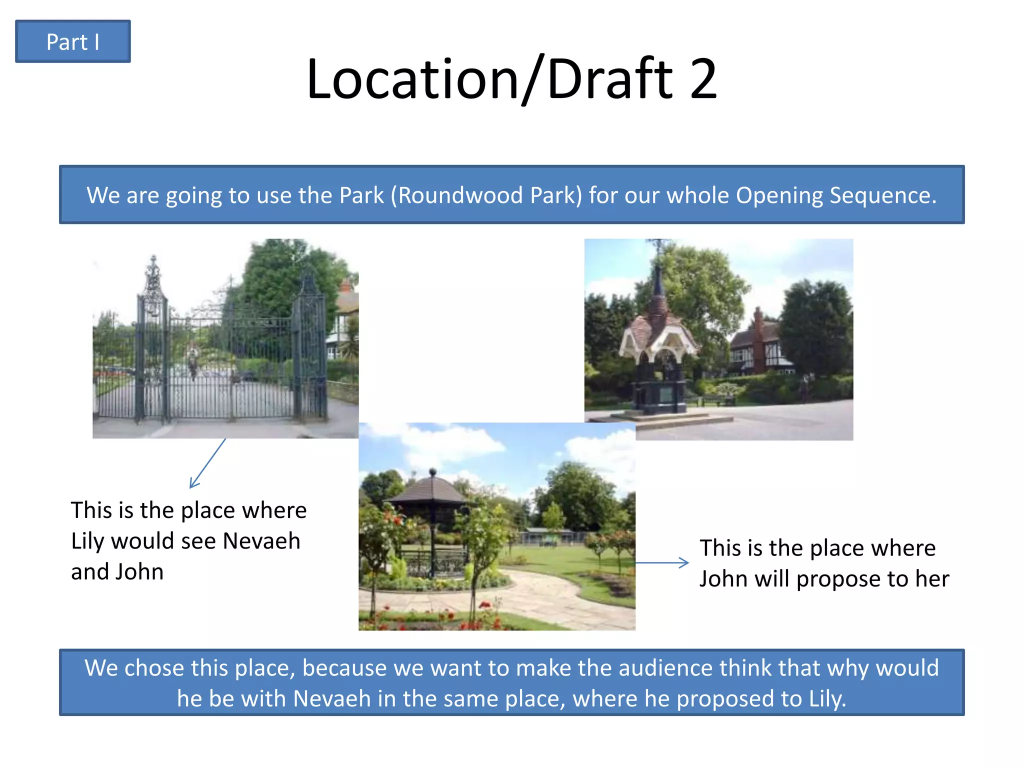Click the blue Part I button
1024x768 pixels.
click(x=73, y=41)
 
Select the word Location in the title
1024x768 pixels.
click(x=413, y=79)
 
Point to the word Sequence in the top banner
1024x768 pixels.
click(x=882, y=195)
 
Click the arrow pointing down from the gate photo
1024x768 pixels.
click(x=207, y=463)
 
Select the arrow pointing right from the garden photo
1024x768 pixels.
click(x=662, y=562)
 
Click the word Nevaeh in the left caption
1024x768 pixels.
click(x=261, y=541)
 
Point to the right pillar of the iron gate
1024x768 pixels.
click(x=310, y=350)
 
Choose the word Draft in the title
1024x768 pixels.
click(x=610, y=79)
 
